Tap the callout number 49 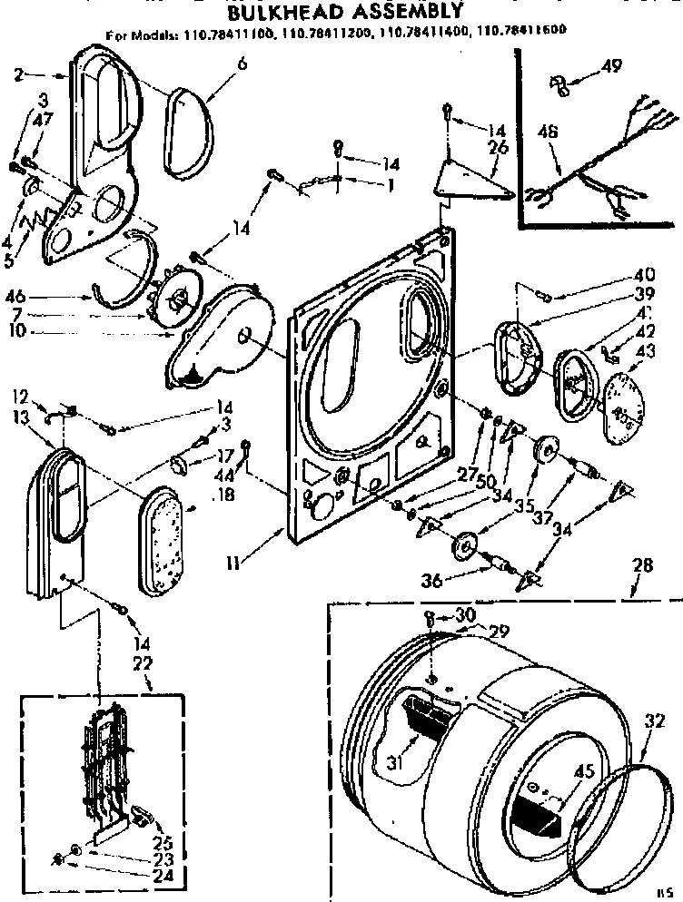612,66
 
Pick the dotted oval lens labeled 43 623,399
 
